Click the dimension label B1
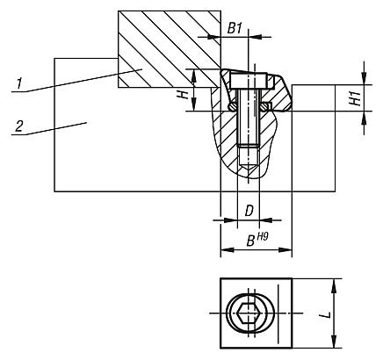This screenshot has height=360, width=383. [235, 28]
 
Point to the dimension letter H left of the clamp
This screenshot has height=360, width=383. [184, 94]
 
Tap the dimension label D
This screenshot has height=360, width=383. [249, 211]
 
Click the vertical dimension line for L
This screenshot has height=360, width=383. [333, 313]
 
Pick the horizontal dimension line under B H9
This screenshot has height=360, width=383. [255, 251]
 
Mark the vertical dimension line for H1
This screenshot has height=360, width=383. [364, 98]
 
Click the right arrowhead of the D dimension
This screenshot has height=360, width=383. [268, 220]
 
